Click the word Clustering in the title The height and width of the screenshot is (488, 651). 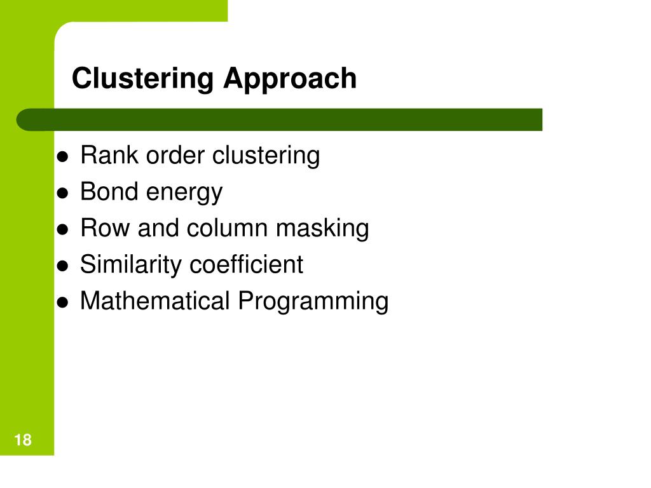click(142, 79)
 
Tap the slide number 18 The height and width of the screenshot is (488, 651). click(22, 440)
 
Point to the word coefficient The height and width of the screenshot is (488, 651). click(246, 264)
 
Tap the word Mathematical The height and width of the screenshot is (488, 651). click(154, 301)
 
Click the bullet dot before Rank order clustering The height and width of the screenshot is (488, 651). click(63, 158)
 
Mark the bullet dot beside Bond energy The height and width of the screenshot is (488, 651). click(63, 194)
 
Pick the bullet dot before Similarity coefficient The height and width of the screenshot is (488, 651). click(63, 267)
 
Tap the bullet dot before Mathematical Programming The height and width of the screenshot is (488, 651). click(63, 303)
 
